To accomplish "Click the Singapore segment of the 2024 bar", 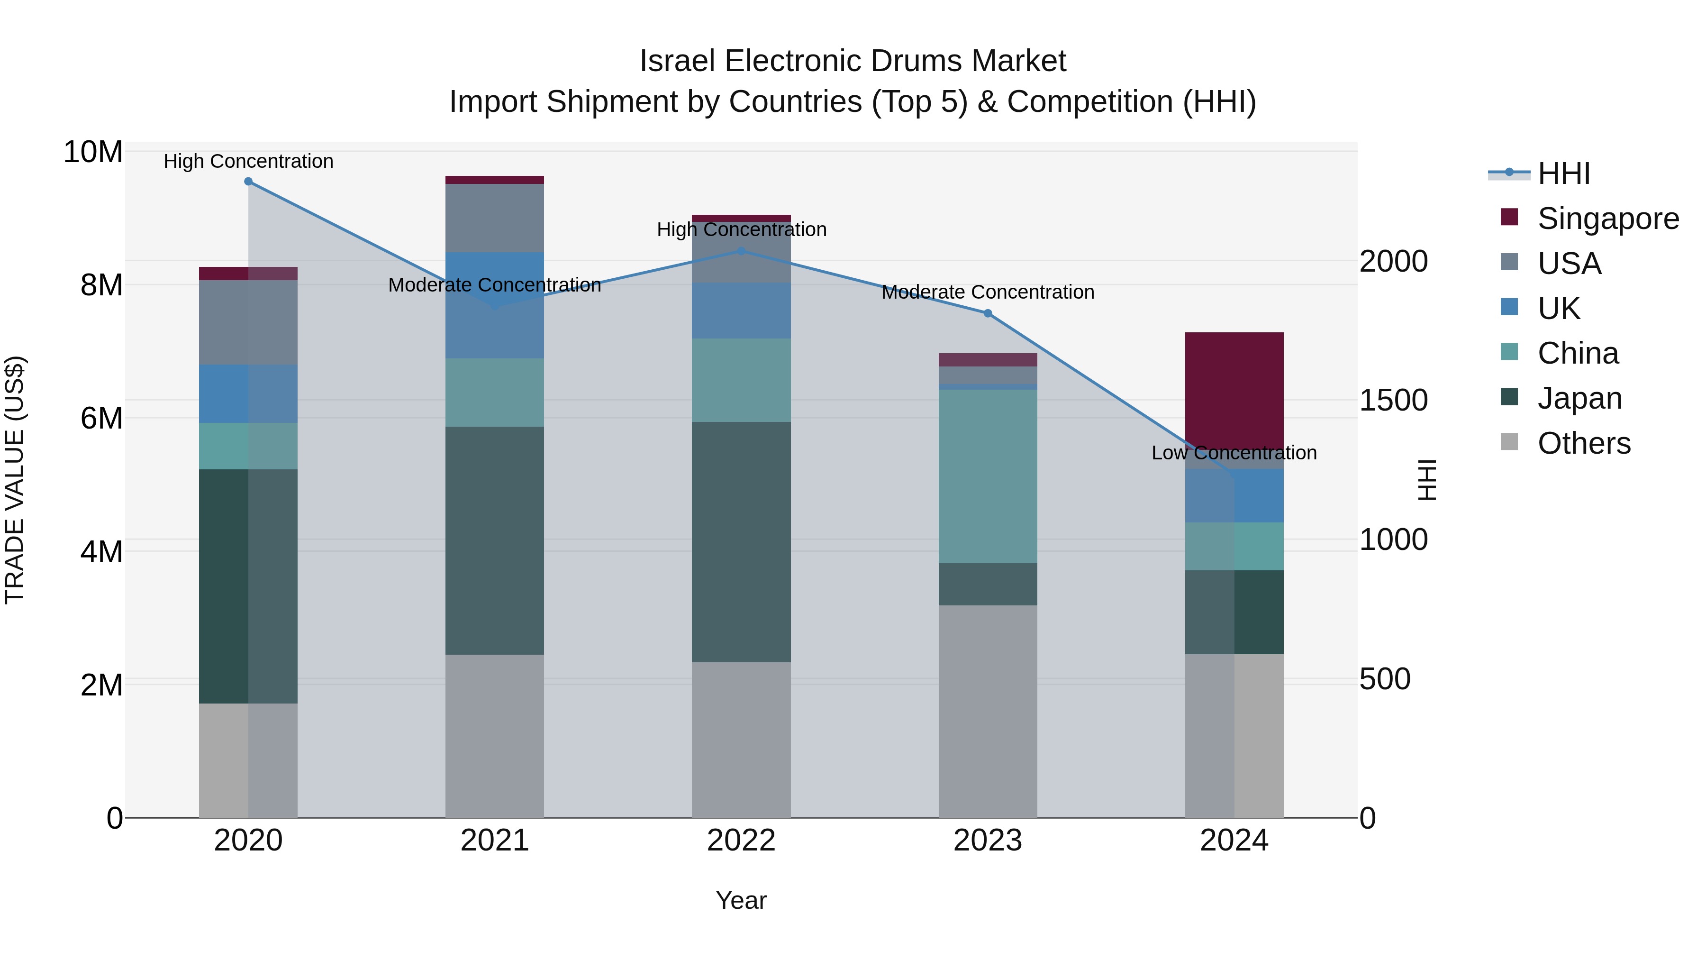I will coord(1234,391).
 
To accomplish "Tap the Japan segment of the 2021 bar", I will coord(494,540).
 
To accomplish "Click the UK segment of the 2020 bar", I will coord(248,393).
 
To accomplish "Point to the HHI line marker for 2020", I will coord(248,182).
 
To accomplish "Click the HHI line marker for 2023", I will coord(988,313).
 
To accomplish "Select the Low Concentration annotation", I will coord(1234,453).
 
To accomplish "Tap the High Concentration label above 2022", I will coord(741,230).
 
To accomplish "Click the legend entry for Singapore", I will coord(1607,219).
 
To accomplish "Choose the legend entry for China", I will coord(1578,353).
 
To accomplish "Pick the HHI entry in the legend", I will coord(1563,174).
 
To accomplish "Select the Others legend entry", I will coord(1583,443).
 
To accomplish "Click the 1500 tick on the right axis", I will coord(1393,400).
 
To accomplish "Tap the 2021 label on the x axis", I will coord(494,841).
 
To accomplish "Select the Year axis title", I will coord(741,900).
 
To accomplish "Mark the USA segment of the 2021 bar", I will coord(494,218).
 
